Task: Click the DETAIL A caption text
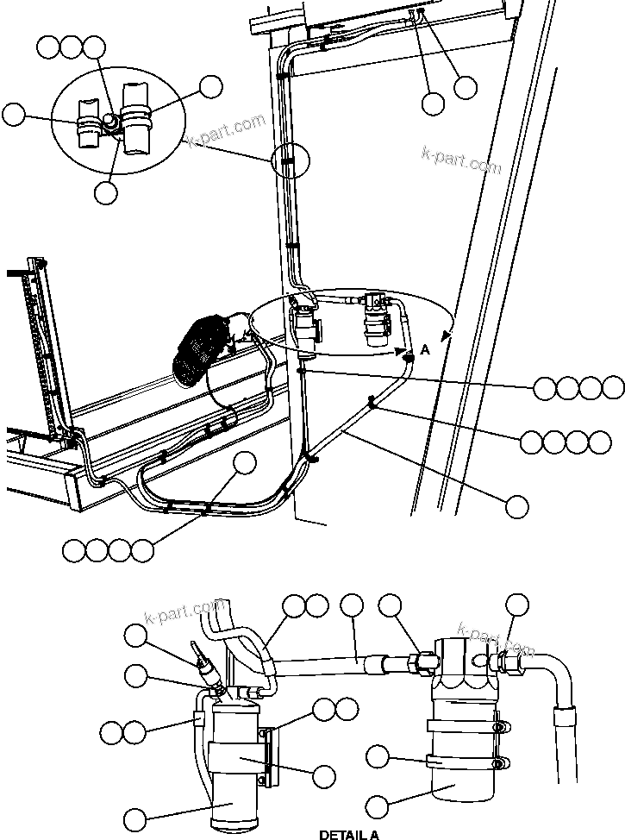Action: pyautogui.click(x=349, y=834)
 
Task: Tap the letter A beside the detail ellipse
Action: pyautogui.click(x=425, y=349)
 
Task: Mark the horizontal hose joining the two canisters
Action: pyautogui.click(x=328, y=665)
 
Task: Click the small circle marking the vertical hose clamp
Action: pyautogui.click(x=289, y=160)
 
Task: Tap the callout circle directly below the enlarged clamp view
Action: pyautogui.click(x=105, y=191)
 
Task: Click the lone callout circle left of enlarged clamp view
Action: pyautogui.click(x=14, y=114)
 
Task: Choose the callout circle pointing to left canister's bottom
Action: pyautogui.click(x=136, y=818)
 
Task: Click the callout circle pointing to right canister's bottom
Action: pyautogui.click(x=377, y=806)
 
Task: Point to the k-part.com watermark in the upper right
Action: pyautogui.click(x=461, y=159)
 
